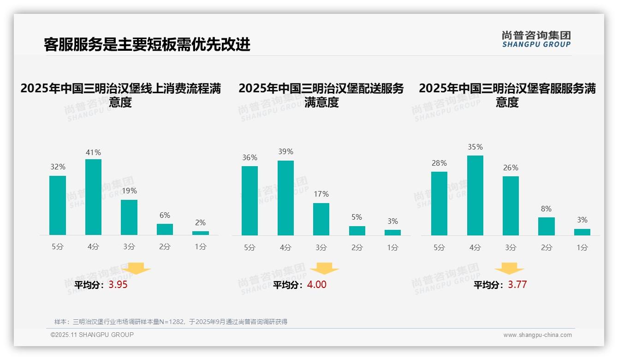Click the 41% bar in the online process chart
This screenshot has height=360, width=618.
tap(93, 197)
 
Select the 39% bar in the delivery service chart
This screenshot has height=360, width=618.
tap(285, 198)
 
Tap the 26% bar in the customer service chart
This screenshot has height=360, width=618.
tap(511, 206)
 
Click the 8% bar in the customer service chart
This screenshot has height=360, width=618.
tap(546, 226)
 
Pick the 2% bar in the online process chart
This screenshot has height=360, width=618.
tap(200, 233)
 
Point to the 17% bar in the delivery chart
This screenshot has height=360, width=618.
tap(321, 219)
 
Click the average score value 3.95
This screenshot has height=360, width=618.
tap(118, 285)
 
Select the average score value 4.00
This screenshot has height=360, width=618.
tap(316, 285)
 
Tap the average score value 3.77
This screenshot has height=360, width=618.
tap(517, 285)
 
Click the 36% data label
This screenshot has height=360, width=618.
tap(250, 158)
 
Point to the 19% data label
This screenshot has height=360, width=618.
tap(129, 191)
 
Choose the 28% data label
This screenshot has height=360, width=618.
tap(439, 163)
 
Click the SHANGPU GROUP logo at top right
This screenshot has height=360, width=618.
tap(536, 39)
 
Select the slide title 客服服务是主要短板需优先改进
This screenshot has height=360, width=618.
tap(147, 44)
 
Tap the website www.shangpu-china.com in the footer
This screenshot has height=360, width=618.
tap(537, 335)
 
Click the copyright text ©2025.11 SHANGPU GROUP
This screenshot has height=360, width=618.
tap(92, 335)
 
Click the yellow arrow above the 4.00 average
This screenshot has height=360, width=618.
tap(324, 269)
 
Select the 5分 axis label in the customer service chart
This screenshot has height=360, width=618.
tap(439, 248)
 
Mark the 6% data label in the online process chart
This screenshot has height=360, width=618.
tap(165, 216)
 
